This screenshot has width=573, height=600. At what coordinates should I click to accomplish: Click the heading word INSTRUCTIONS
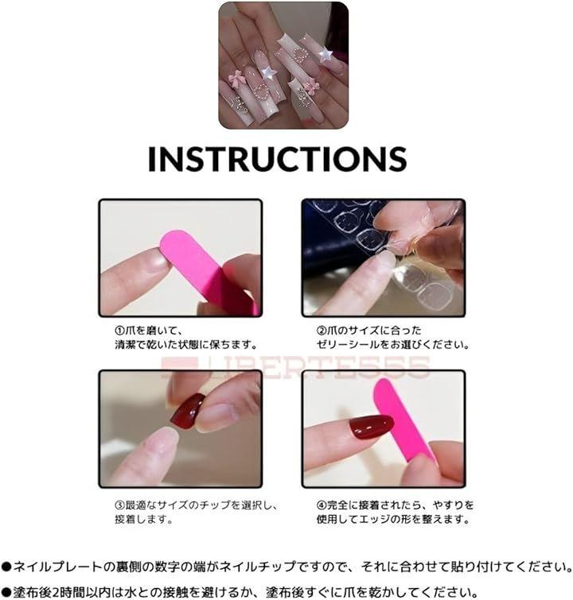coord(277,158)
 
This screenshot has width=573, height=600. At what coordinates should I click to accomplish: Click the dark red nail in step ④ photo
coord(372,427)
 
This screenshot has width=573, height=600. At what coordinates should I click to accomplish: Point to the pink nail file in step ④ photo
coord(403,421)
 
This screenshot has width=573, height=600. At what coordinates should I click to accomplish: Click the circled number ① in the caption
coord(120,331)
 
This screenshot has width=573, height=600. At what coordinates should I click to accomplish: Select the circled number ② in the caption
coord(322,331)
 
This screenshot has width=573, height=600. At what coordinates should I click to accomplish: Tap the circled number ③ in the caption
coord(120,505)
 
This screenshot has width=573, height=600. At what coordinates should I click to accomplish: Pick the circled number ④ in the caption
coord(322,505)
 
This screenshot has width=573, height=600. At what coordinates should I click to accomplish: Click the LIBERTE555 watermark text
coord(295,367)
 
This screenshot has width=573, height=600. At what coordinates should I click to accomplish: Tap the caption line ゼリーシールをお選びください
coord(393,344)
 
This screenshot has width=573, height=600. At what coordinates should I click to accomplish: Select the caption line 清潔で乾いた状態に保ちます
coord(186,344)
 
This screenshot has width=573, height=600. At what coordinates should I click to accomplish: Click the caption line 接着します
coord(144,520)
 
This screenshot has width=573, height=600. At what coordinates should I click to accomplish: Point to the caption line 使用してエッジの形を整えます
coord(393,520)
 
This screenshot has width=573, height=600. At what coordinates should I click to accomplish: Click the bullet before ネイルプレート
coord(6,567)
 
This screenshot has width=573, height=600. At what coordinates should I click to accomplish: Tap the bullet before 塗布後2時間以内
coord(6,592)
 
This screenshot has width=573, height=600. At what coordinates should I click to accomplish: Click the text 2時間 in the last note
coord(65,592)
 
